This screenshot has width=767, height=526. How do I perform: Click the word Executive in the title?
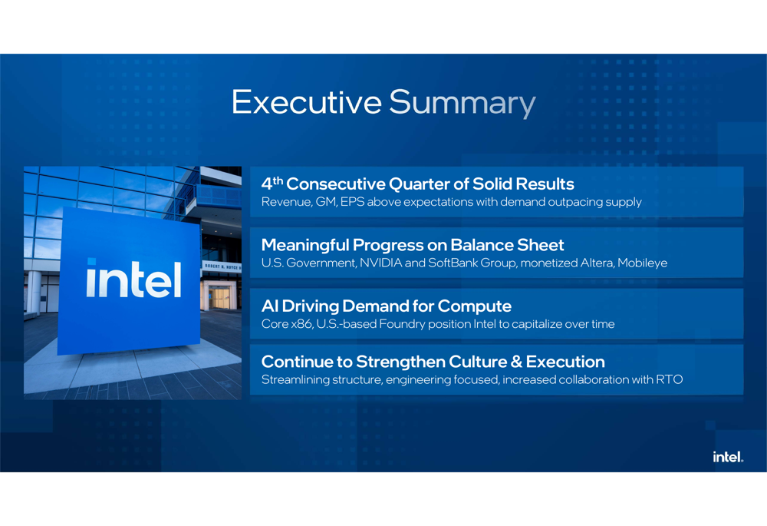click(x=307, y=102)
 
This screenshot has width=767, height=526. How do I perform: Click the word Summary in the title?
click(x=463, y=104)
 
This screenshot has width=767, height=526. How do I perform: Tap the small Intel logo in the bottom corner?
click(x=728, y=457)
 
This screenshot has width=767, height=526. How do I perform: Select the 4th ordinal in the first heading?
click(x=272, y=184)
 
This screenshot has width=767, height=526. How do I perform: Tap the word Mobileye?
click(x=642, y=263)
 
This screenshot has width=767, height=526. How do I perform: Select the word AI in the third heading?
click(x=269, y=306)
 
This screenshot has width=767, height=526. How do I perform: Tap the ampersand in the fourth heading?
click(x=516, y=362)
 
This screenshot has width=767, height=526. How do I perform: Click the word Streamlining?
click(x=295, y=380)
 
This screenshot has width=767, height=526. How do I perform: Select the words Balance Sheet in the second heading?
click(x=507, y=244)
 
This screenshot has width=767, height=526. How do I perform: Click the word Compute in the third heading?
click(x=475, y=306)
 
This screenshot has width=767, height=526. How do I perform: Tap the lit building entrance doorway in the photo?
click(x=219, y=298)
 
